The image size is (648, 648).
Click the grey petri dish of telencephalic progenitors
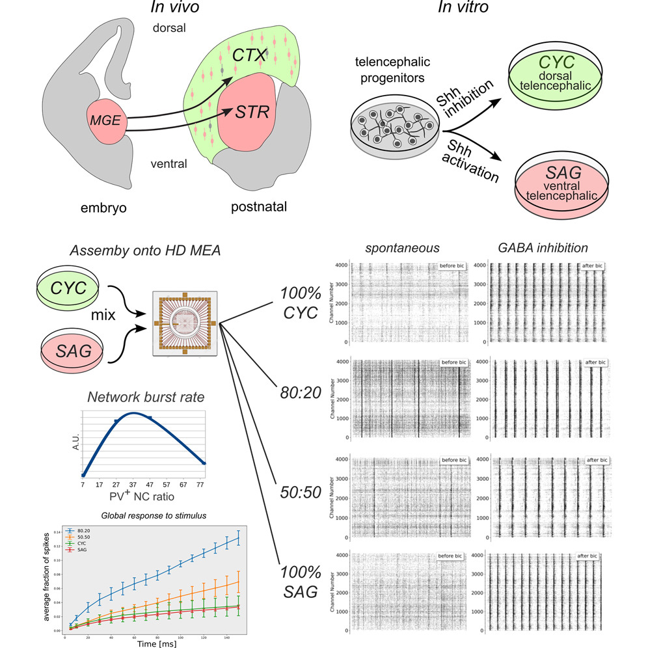click(393, 131)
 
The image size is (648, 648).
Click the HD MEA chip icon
click(185, 323)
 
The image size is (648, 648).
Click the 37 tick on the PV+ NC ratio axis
click(133, 485)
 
